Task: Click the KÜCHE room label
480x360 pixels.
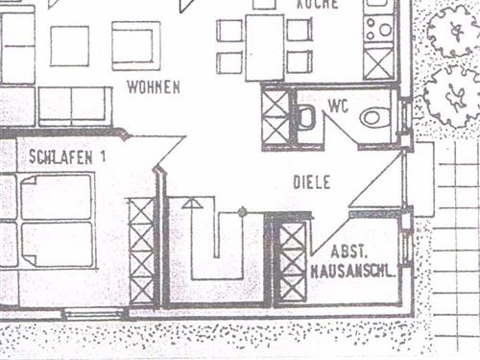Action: pos(317,5)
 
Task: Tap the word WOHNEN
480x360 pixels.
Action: pos(154,87)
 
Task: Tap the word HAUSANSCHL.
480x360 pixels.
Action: pos(352,273)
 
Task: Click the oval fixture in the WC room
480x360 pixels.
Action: pos(374,118)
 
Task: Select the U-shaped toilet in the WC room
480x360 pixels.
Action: pos(305,118)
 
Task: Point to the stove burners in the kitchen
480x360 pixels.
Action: pos(378,29)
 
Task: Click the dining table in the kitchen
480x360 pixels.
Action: pos(264,46)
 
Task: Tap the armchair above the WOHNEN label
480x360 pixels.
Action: pos(135,44)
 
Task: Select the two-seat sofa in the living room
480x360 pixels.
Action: pos(73,106)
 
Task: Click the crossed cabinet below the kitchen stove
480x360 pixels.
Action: pos(378,63)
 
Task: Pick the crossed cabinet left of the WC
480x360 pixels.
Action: pos(276,117)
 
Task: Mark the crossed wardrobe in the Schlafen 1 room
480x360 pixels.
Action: pos(141,250)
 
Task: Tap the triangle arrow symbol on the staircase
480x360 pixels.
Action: pos(192,204)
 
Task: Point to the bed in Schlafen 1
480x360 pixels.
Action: pos(54,221)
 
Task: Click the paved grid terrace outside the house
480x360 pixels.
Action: pos(455,250)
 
